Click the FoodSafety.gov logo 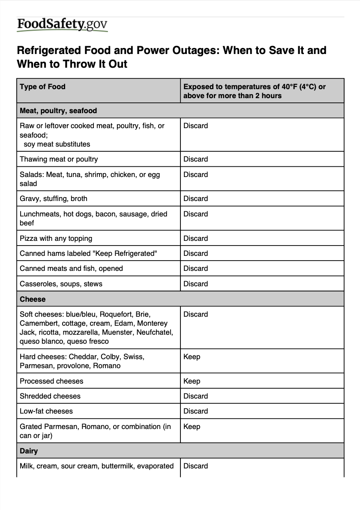pos(62,25)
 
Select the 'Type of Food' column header pos(42,87)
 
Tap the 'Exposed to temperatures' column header pos(254,91)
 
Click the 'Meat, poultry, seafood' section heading pos(58,111)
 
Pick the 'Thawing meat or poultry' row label pos(59,159)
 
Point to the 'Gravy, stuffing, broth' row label pos(53,198)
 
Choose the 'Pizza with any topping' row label pos(56,238)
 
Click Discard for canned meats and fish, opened pos(195,268)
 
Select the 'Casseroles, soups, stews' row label pos(61,284)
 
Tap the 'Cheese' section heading pos(33,299)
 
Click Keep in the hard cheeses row pos(192,357)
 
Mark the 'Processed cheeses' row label pos(51,381)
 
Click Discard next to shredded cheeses pos(195,396)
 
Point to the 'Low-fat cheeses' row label pos(46,411)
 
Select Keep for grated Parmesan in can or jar pos(192,426)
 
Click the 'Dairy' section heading pos(29,451)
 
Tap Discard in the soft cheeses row pos(195,314)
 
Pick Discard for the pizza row pos(195,238)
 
